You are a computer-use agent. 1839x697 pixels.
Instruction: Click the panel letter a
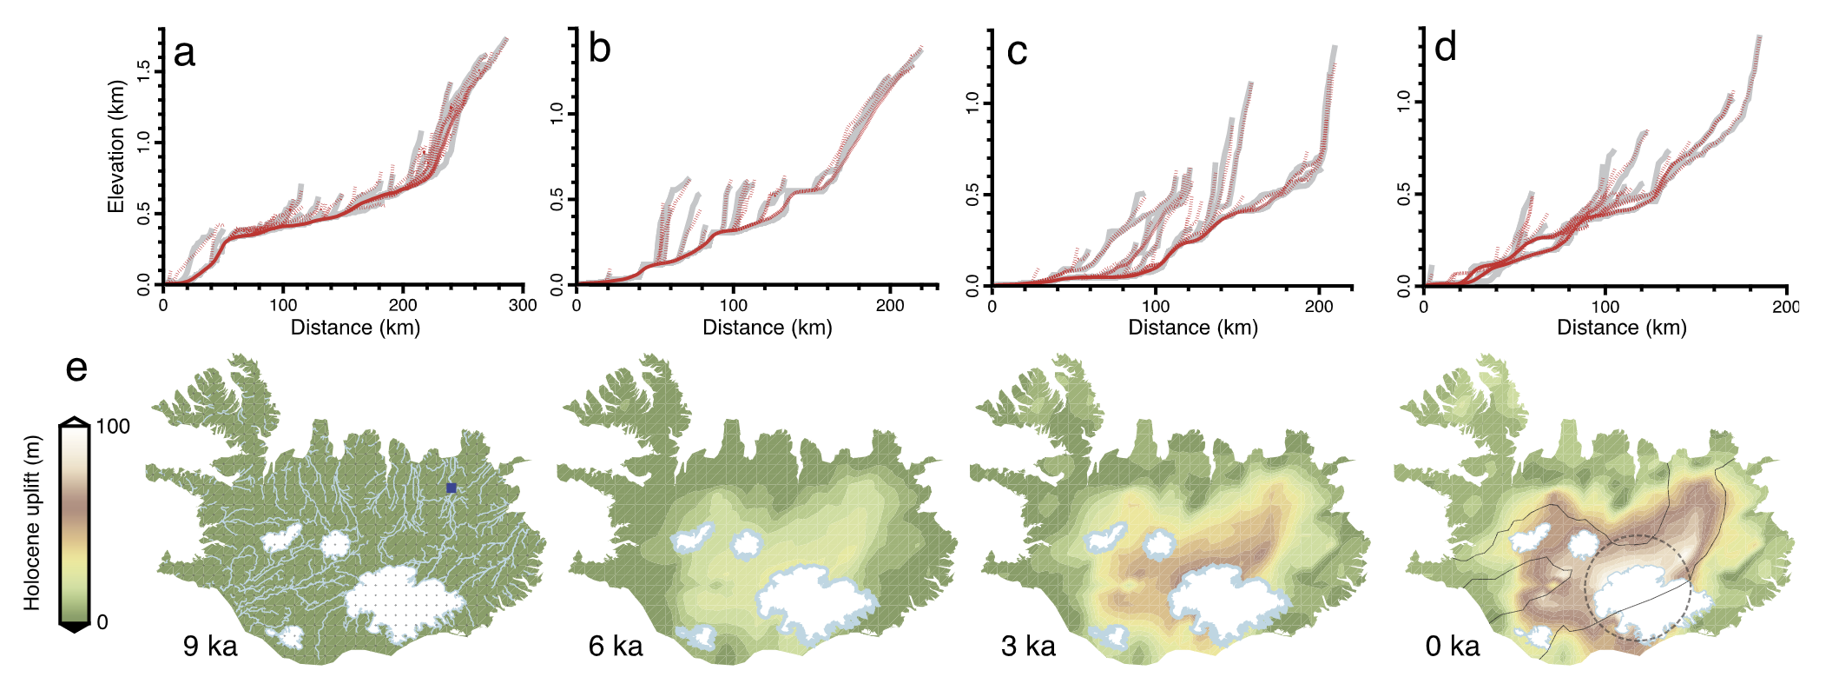[x=184, y=54]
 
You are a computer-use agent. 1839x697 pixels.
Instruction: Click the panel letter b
[x=599, y=49]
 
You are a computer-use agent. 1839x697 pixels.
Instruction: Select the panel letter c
[x=1017, y=52]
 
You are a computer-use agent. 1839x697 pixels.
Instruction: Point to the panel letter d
[x=1445, y=47]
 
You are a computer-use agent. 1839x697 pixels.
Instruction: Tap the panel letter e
[x=76, y=369]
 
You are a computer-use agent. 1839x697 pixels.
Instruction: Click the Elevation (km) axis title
[x=116, y=147]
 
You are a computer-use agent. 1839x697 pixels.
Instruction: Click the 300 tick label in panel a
[x=522, y=305]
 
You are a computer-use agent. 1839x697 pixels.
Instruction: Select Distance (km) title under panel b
[x=767, y=328]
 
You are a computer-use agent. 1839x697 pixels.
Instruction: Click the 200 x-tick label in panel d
[x=1785, y=306]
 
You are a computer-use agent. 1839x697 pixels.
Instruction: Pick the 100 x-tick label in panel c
[x=1155, y=306]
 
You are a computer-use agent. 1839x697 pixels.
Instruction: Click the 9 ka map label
[x=210, y=646]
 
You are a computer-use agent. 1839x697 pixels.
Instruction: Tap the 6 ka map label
[x=616, y=646]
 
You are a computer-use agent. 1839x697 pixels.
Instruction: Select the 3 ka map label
[x=1028, y=646]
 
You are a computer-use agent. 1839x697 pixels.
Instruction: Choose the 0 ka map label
[x=1453, y=646]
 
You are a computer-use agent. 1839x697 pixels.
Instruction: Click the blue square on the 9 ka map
[x=451, y=488]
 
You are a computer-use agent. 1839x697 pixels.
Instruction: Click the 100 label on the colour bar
[x=113, y=426]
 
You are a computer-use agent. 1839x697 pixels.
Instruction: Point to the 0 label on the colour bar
[x=102, y=622]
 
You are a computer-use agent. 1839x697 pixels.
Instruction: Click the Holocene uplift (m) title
[x=32, y=522]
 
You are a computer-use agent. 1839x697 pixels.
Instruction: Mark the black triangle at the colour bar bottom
[x=75, y=627]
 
